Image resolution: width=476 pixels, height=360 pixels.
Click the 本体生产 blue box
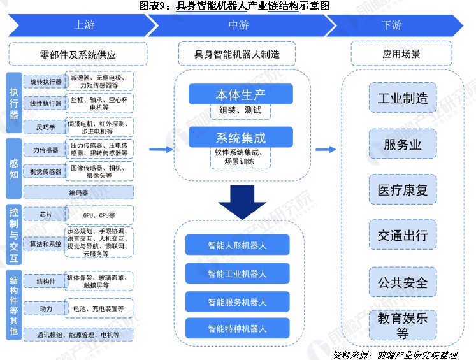pos(240,94)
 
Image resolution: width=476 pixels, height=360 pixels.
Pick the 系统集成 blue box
pos(240,137)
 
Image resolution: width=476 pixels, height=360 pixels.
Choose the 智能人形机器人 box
pos(237,245)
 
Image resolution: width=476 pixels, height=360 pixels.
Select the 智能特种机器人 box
pos(237,329)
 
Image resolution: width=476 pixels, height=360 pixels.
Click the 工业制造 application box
pos(402,99)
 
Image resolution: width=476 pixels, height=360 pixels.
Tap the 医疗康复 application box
pos(402,191)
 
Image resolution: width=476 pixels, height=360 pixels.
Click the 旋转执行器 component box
pos(46,82)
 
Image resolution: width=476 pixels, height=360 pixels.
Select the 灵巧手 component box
pos(46,126)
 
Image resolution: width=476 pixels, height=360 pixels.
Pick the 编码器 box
pos(78,192)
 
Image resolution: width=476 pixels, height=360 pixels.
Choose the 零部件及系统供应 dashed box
pos(78,54)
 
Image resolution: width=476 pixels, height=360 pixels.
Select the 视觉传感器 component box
pos(46,171)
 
